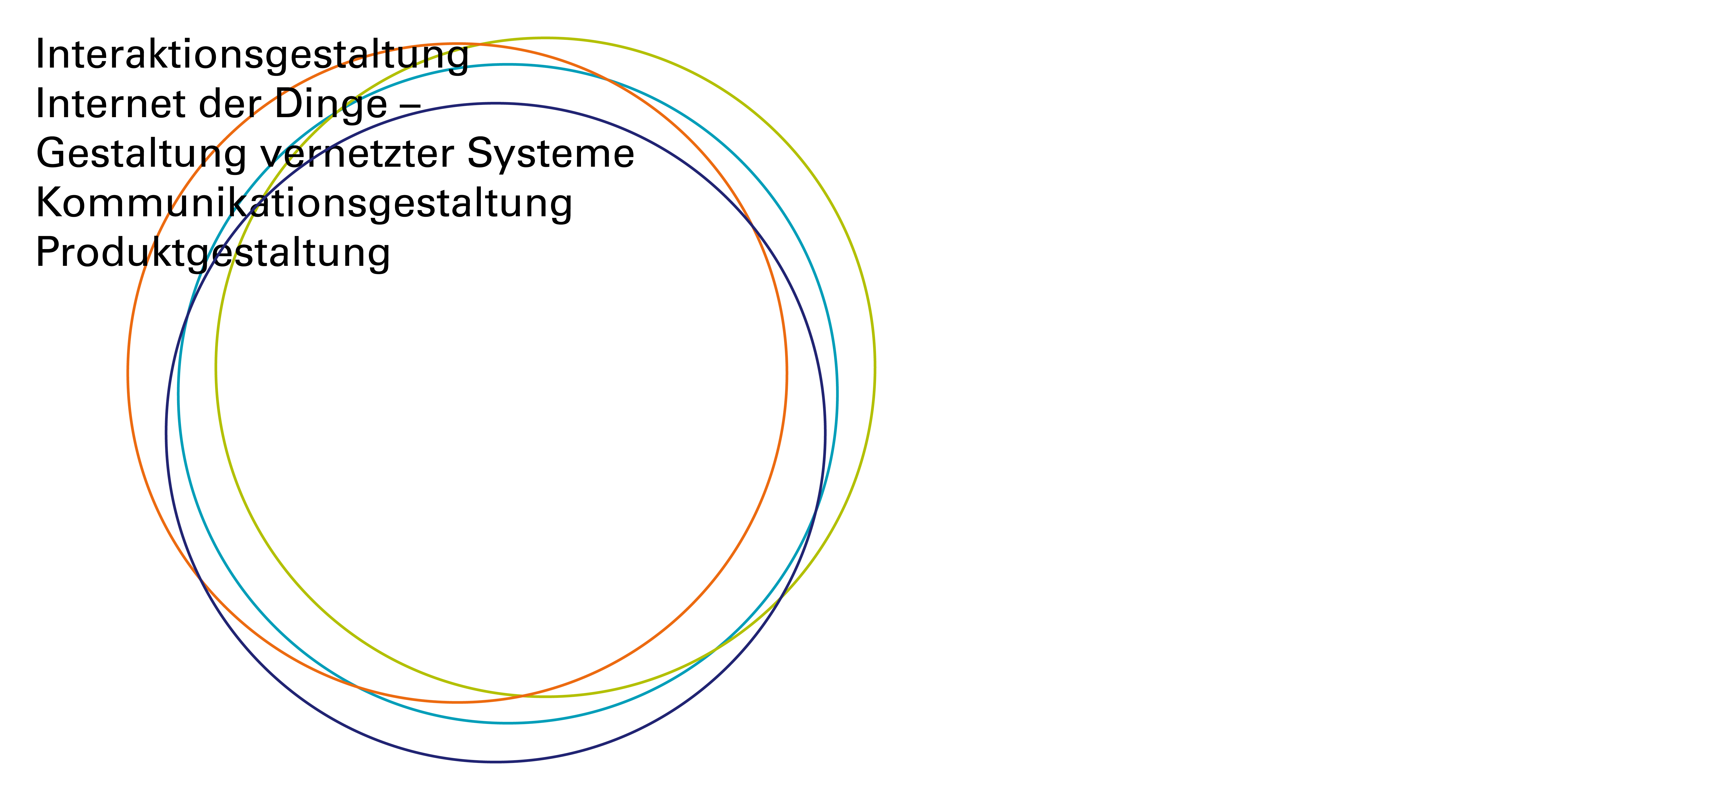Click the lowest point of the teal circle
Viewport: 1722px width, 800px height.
[508, 722]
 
